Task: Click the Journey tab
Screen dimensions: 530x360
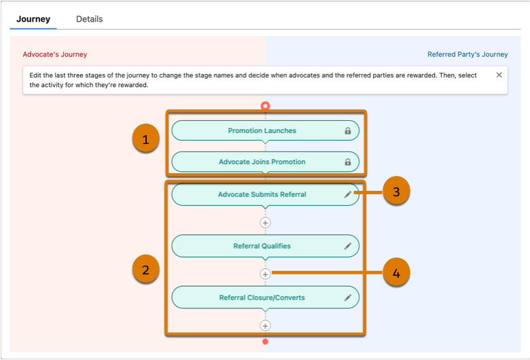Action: point(33,19)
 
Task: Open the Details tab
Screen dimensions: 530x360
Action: point(89,19)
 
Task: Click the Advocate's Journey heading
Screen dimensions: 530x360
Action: point(55,54)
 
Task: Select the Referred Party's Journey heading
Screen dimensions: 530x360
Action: point(467,54)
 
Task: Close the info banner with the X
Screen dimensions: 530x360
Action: point(499,75)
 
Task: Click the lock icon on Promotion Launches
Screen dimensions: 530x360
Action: point(348,130)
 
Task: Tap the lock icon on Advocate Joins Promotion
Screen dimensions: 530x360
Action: point(348,162)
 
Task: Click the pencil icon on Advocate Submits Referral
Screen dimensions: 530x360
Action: point(348,194)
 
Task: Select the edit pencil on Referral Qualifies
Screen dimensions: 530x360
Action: point(348,246)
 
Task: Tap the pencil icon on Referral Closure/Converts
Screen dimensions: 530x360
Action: point(348,298)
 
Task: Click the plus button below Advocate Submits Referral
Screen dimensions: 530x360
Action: point(265,223)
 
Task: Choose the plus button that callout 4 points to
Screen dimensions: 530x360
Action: point(265,274)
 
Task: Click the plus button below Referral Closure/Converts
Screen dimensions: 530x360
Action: point(265,325)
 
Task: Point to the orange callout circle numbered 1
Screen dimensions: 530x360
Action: point(145,139)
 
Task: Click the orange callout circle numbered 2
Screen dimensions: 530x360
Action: point(145,269)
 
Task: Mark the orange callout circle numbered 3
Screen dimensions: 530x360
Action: point(397,191)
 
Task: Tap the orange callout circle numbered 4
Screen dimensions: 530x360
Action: point(397,272)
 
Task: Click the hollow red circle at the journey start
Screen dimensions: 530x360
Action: point(265,106)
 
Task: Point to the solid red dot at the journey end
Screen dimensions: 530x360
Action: point(265,342)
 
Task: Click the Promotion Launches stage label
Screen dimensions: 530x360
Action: point(262,130)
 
